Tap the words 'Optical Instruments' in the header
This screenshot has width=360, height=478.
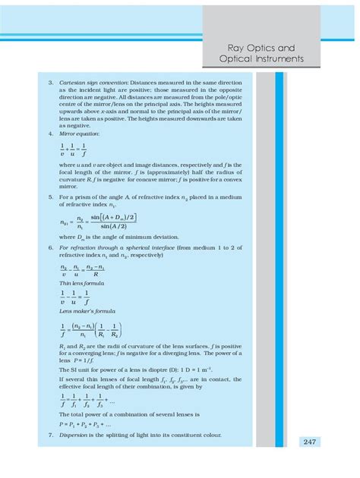pyautogui.click(x=261, y=58)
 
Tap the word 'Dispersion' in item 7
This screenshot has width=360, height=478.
pyautogui.click(x=74, y=436)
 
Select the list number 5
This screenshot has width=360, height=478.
pyautogui.click(x=50, y=197)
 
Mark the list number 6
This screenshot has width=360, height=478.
pyautogui.click(x=50, y=247)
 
